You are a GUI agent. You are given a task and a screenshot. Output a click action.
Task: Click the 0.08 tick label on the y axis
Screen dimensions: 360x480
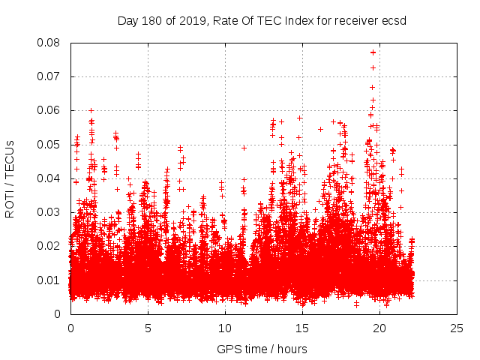click(x=50, y=43)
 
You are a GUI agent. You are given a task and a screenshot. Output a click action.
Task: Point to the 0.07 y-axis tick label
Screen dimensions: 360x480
click(x=50, y=76)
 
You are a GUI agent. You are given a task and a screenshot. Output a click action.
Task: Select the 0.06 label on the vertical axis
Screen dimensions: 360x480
click(x=50, y=110)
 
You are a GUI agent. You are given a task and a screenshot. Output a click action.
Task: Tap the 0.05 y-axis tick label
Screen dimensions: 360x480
click(x=50, y=144)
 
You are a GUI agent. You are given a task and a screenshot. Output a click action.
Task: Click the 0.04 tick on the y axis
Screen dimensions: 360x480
click(x=50, y=178)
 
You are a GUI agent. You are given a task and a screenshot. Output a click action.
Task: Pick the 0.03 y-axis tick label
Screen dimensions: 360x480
click(x=50, y=212)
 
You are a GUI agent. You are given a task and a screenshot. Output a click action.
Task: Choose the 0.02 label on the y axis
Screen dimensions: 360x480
click(x=50, y=246)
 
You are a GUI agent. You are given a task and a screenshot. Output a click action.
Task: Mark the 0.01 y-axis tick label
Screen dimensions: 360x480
click(x=50, y=280)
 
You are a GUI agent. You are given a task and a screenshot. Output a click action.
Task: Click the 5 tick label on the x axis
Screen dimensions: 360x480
click(x=148, y=328)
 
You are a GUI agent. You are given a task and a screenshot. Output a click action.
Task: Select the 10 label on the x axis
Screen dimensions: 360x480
click(x=225, y=328)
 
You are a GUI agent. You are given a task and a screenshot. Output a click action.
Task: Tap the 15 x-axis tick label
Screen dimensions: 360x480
click(x=302, y=328)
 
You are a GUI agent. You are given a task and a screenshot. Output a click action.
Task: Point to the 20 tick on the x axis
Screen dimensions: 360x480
click(x=379, y=328)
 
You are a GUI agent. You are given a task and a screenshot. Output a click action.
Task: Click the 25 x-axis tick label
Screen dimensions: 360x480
click(x=457, y=328)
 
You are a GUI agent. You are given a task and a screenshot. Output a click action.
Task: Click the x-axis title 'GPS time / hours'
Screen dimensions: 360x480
click(x=262, y=349)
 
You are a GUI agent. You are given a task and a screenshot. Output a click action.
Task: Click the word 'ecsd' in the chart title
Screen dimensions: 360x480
click(x=392, y=20)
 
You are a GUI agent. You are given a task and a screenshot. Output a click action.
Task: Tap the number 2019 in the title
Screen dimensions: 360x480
click(x=193, y=20)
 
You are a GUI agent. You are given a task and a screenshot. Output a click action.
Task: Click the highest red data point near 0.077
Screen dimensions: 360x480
click(x=373, y=52)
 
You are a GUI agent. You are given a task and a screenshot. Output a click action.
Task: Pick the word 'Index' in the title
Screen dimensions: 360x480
click(x=291, y=20)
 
